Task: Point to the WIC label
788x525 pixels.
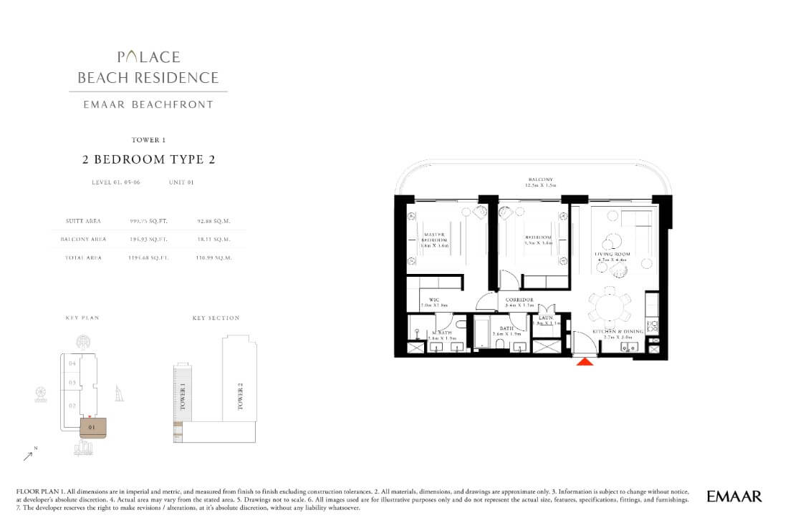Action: [x=433, y=300]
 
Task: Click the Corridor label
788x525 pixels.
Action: [x=519, y=300]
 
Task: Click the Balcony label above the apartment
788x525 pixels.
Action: [x=539, y=180]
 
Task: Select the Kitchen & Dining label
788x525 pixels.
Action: [x=618, y=332]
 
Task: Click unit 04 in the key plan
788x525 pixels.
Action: [x=72, y=363]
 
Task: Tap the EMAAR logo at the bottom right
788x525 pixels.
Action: [x=734, y=496]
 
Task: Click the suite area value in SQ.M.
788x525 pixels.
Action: [x=211, y=222]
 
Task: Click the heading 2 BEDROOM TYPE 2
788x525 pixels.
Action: [x=149, y=160]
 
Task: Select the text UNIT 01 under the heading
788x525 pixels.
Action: [x=181, y=182]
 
